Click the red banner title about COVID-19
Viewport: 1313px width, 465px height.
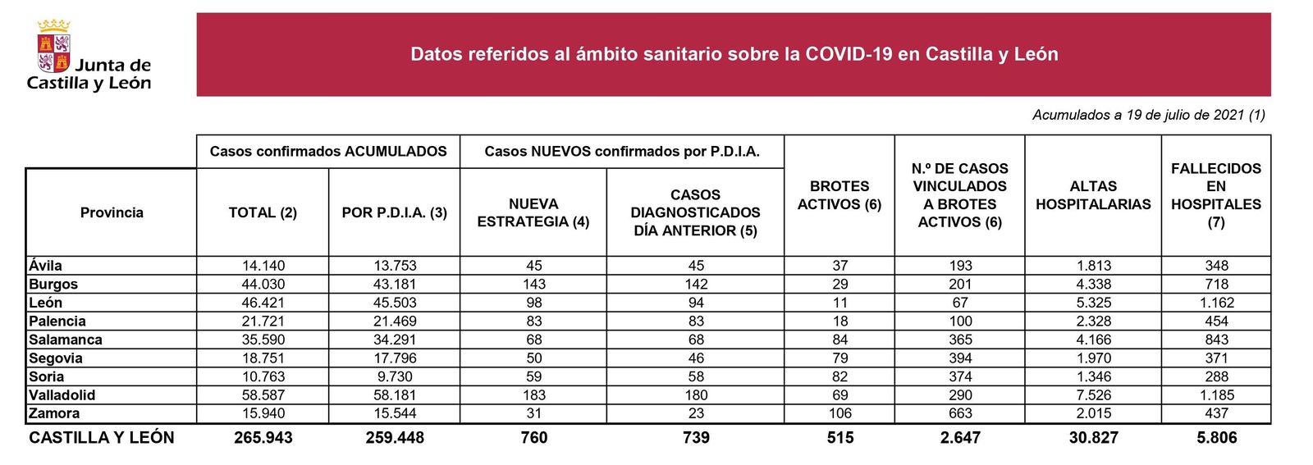[x=734, y=54]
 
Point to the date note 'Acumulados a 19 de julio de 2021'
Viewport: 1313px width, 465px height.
[x=1148, y=115]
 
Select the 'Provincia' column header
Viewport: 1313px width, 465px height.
[x=112, y=212]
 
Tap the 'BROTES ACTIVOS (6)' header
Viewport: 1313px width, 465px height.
[x=839, y=195]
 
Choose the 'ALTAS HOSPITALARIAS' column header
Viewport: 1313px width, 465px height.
[x=1093, y=195]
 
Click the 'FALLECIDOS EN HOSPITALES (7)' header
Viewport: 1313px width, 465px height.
[x=1216, y=195]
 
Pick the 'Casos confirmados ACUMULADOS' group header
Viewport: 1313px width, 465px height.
[x=328, y=152]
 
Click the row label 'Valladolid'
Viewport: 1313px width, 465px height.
[x=62, y=395]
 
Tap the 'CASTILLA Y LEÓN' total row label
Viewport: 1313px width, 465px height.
[x=102, y=438]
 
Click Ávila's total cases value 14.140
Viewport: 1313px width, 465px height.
[x=263, y=266]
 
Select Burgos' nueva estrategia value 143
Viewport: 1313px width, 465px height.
[x=533, y=285]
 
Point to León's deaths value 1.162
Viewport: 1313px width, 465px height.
[x=1216, y=303]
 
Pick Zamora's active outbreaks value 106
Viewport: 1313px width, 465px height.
[x=839, y=413]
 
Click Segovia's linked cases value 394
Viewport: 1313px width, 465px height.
[x=960, y=358]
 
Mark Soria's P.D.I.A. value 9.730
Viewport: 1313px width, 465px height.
[x=395, y=376]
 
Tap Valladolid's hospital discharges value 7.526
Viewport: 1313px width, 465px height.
[x=1093, y=395]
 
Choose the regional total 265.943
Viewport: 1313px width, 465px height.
[x=263, y=438]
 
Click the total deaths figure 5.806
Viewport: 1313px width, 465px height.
[x=1216, y=438]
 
